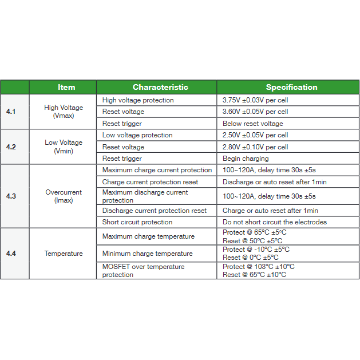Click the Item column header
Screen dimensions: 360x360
66,88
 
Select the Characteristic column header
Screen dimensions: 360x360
160,88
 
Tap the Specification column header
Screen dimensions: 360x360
291,88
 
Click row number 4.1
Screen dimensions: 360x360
11,112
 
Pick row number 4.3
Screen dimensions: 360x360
11,196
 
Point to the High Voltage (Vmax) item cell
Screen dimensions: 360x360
64,112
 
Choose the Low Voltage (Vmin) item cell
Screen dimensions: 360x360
64,147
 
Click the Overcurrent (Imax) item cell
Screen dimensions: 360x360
64,196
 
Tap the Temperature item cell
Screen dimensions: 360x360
64,254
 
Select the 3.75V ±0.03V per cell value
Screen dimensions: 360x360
255,100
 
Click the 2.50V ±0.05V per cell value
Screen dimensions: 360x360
255,135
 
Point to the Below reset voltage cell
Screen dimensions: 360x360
253,124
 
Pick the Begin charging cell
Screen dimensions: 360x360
246,159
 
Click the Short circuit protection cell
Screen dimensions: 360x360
137,222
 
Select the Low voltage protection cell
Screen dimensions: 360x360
137,135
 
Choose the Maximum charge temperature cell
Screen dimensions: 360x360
148,236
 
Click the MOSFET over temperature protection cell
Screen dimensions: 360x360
143,271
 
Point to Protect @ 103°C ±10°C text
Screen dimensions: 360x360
259,267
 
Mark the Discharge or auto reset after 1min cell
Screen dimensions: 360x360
275,182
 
